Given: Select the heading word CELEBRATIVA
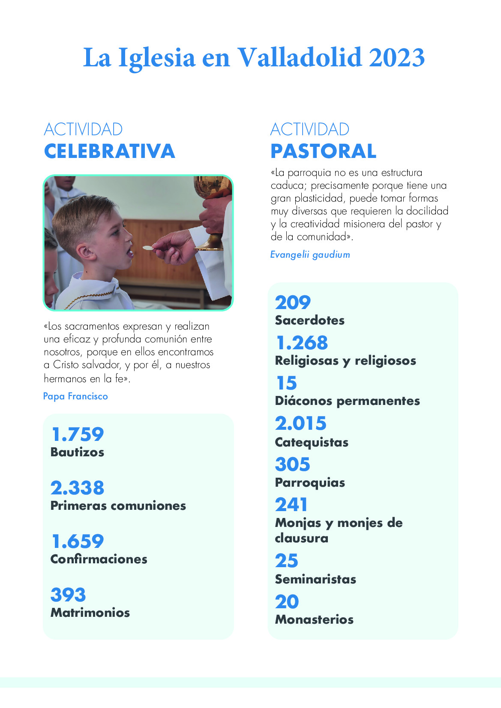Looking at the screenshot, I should [x=109, y=151].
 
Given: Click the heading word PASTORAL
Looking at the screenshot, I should [x=323, y=151].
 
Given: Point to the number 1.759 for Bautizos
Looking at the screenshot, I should [x=77, y=434].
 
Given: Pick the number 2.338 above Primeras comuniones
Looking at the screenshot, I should [x=77, y=488].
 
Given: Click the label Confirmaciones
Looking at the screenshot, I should [x=99, y=559].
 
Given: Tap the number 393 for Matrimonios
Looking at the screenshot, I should [x=68, y=595].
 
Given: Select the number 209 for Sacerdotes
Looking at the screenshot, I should [x=293, y=303].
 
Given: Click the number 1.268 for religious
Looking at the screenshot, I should [x=302, y=343].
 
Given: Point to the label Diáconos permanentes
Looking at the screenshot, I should [x=347, y=401].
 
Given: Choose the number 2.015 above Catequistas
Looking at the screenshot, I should [x=301, y=424].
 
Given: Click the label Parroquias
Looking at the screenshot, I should [x=310, y=483].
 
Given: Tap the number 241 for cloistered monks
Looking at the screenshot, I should [x=291, y=505].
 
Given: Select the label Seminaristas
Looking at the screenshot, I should [x=315, y=580].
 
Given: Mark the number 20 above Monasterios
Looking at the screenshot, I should [x=287, y=602].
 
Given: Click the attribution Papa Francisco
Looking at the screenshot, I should [x=75, y=396].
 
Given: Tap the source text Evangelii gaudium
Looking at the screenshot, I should [x=310, y=255].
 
